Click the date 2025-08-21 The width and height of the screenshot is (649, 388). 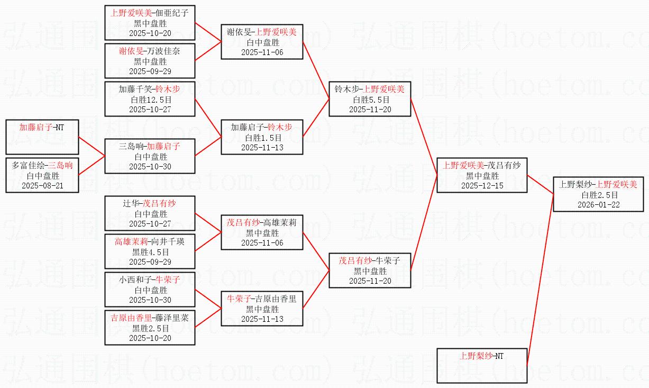[42, 186]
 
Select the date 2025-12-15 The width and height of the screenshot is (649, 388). [482, 186]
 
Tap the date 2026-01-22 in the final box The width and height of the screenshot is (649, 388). [599, 205]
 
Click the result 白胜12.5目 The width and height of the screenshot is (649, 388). [151, 100]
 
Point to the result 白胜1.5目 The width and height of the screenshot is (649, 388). [263, 138]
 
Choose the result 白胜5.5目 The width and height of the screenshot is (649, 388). [371, 100]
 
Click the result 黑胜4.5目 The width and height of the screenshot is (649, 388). [150, 252]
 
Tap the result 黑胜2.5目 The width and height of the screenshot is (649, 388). [150, 328]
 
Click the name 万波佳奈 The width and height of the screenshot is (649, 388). [163, 51]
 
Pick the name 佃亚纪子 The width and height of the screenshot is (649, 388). [172, 13]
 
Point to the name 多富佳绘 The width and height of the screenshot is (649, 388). [28, 166]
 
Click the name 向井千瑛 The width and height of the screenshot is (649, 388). [168, 241]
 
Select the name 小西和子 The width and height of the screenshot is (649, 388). [135, 280]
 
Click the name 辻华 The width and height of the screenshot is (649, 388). [131, 204]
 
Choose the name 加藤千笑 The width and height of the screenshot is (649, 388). [135, 89]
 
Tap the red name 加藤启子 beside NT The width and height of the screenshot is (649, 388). [35, 127]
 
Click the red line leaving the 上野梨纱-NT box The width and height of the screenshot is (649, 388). [540, 280]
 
